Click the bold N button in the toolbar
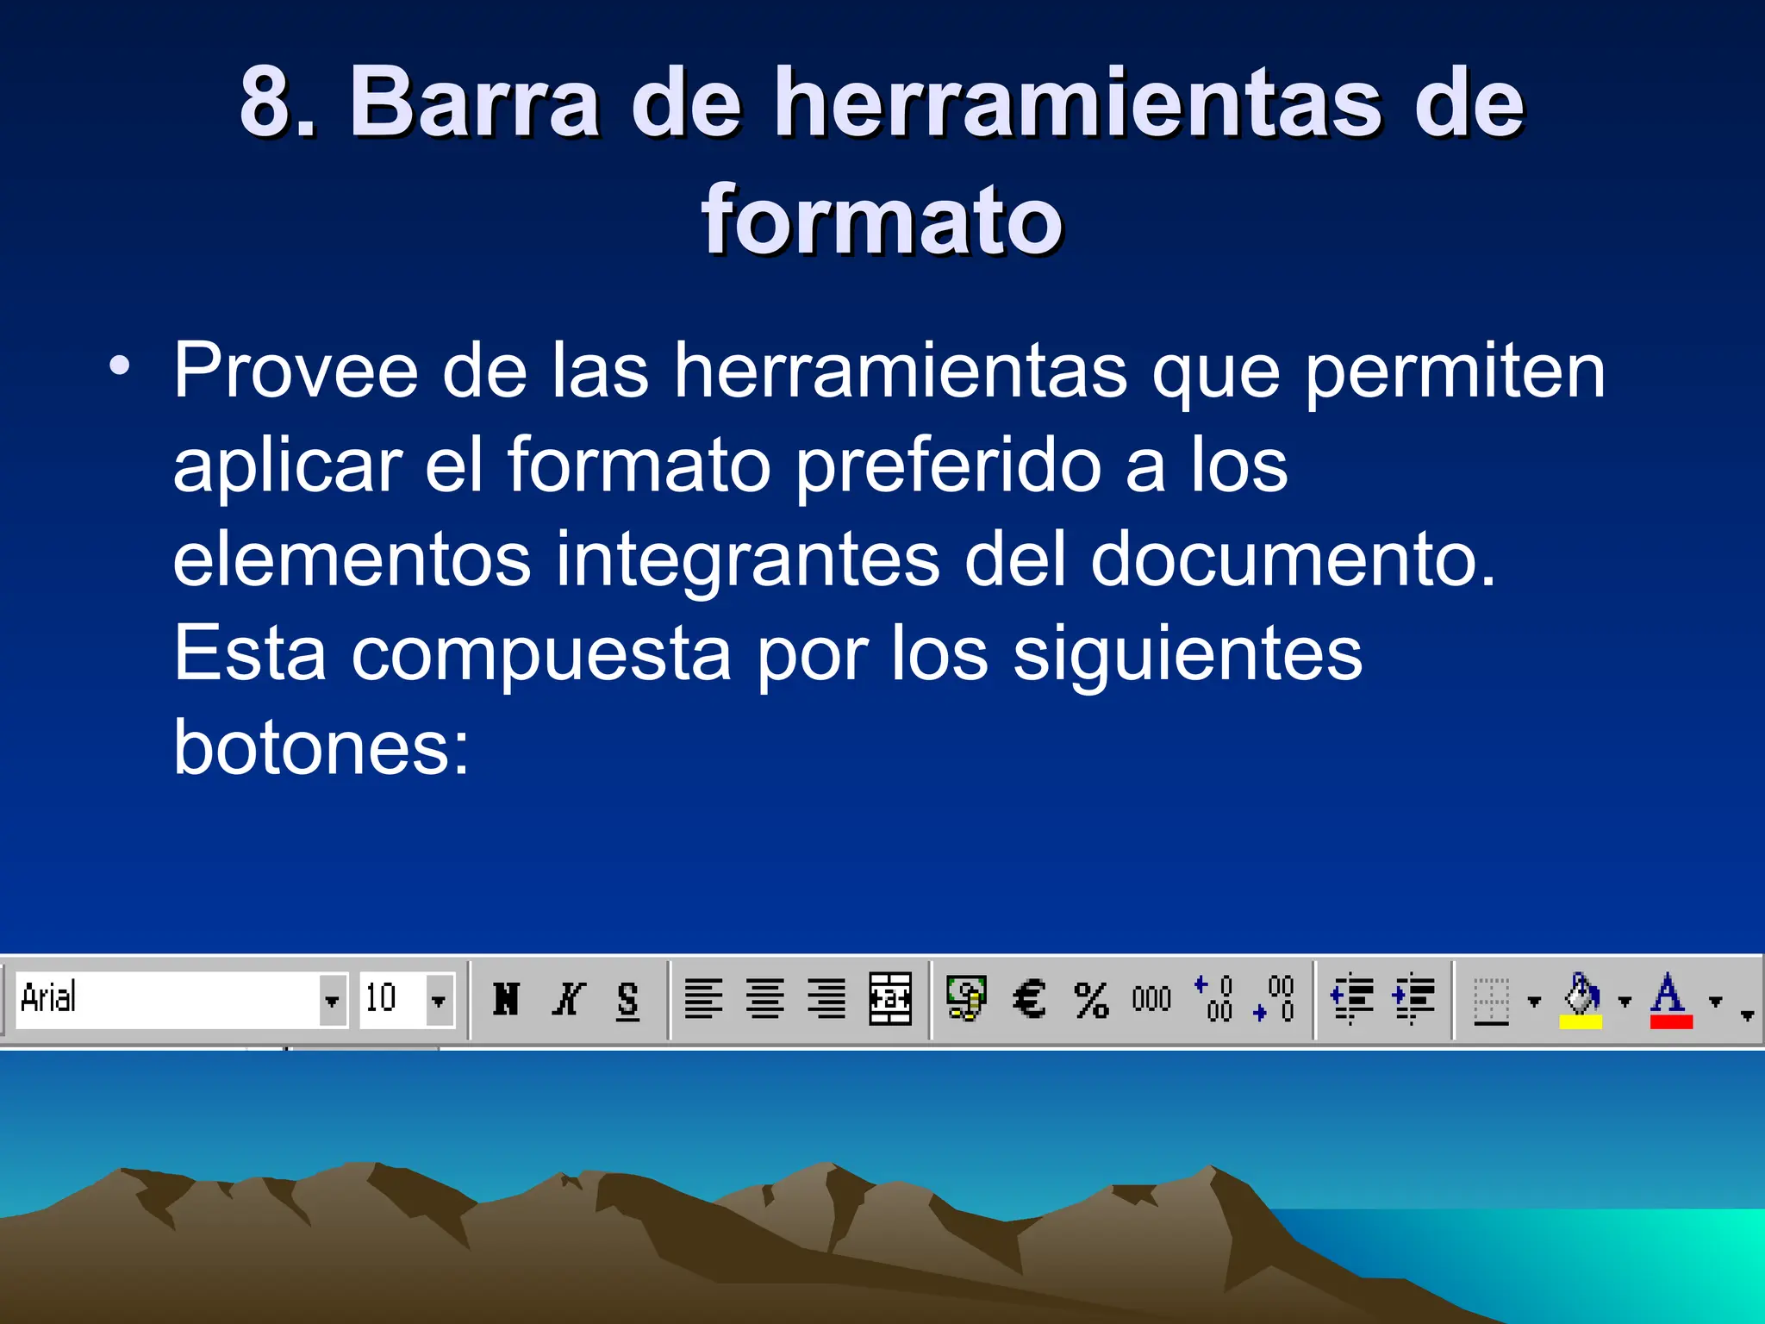(506, 999)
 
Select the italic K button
(568, 999)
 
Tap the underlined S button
(628, 1000)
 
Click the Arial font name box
(168, 999)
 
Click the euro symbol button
(1029, 999)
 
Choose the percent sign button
(1091, 1000)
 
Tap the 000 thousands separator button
(1151, 999)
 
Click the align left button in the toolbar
(703, 999)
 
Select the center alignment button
(765, 999)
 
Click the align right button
(826, 999)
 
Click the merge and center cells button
(890, 999)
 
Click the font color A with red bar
(1670, 1000)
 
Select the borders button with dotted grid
(1492, 1000)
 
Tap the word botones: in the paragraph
(321, 746)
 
